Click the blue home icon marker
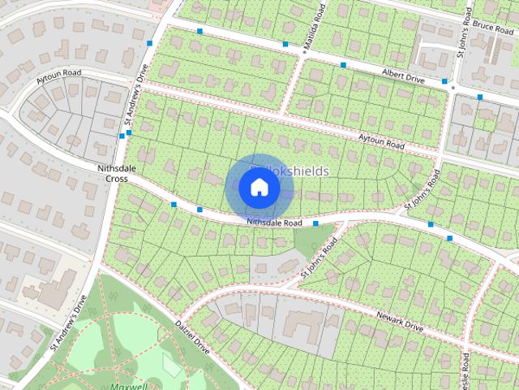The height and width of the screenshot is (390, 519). click(259, 188)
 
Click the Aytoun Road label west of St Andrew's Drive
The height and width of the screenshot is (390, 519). click(59, 74)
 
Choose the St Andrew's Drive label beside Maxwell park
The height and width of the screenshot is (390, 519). click(67, 323)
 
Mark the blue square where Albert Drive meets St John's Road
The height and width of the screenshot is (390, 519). click(444, 81)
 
